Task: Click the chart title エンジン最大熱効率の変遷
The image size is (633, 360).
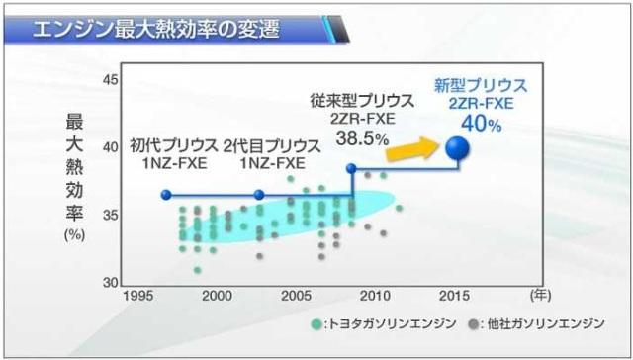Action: pyautogui.click(x=156, y=30)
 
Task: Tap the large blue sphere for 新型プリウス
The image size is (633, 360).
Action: pyautogui.click(x=457, y=148)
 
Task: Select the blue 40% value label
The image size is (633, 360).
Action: pyautogui.click(x=482, y=124)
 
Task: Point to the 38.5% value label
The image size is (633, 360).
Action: pyautogui.click(x=362, y=138)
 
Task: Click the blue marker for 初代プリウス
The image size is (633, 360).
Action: pyautogui.click(x=166, y=195)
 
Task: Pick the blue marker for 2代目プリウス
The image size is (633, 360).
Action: pyautogui.click(x=259, y=195)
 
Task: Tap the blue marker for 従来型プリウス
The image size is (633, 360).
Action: pyautogui.click(x=352, y=168)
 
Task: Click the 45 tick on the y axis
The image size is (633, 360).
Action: pyautogui.click(x=110, y=80)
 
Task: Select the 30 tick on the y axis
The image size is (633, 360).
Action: pyautogui.click(x=110, y=283)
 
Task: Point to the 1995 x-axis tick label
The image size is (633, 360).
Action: pyautogui.click(x=138, y=296)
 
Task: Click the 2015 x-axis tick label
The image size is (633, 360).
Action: pyautogui.click(x=454, y=296)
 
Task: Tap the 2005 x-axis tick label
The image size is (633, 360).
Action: pyautogui.click(x=297, y=296)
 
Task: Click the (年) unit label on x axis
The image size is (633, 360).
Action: pyautogui.click(x=541, y=296)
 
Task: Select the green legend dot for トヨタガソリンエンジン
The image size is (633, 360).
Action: pyautogui.click(x=316, y=324)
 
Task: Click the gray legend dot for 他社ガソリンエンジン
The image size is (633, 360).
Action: pyautogui.click(x=474, y=324)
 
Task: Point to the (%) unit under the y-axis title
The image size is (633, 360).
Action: pyautogui.click(x=75, y=234)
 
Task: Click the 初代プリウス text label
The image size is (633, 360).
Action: pyautogui.click(x=174, y=146)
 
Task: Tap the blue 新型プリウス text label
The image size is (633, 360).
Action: pyautogui.click(x=481, y=86)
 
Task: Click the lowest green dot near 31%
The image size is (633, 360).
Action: pyautogui.click(x=197, y=270)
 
